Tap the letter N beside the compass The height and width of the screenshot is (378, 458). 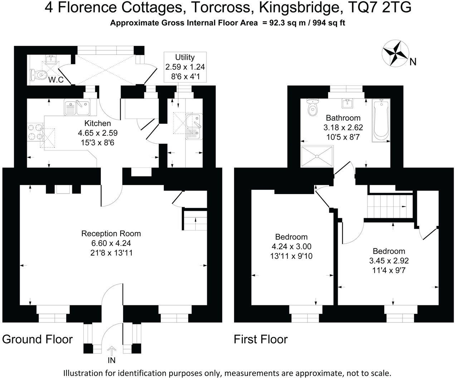413,62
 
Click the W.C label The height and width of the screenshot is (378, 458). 56,80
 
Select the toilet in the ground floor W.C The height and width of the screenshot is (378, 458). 38,75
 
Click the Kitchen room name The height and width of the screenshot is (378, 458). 97,123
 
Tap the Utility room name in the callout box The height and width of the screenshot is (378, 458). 185,57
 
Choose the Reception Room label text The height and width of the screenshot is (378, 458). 111,234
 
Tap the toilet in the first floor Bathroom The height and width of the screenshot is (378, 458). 313,107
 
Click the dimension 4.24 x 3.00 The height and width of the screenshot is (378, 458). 291,246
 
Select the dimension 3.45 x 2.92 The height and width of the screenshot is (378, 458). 389,261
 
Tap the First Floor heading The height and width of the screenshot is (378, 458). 260,339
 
